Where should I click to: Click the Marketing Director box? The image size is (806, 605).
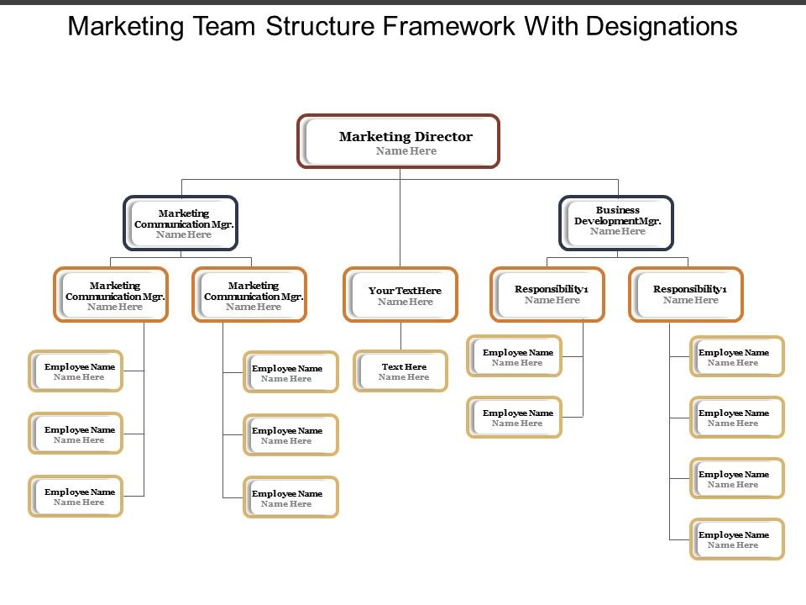[x=399, y=141]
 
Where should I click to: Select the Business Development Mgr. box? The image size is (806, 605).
[x=617, y=223]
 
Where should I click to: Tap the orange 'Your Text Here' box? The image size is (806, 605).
[x=400, y=294]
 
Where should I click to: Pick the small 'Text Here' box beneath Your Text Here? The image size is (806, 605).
[x=400, y=371]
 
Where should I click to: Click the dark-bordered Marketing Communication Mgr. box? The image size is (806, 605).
[x=181, y=224]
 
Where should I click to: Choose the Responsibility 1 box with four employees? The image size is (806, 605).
[x=686, y=294]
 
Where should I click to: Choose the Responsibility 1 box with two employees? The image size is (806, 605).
[x=547, y=294]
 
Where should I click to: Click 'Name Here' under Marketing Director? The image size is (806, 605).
[x=406, y=151]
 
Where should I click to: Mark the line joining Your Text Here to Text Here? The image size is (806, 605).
[x=400, y=336]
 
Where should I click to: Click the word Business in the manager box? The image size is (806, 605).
[x=618, y=210]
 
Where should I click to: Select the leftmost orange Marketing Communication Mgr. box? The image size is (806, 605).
[x=112, y=295]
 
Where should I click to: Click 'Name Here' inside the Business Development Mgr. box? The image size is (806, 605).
[x=618, y=232]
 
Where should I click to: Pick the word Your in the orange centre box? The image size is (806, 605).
[x=379, y=291]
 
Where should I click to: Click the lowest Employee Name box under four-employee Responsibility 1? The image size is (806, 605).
[x=737, y=539]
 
